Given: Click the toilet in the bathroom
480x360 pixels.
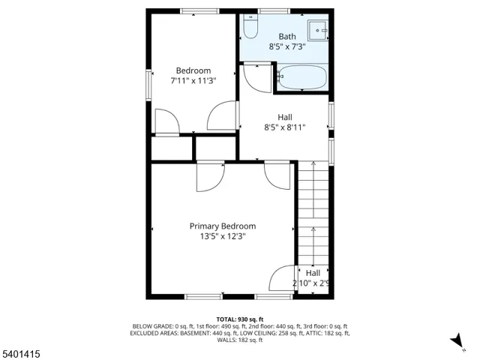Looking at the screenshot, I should [x=250, y=28].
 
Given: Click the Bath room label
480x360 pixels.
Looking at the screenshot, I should [x=287, y=36].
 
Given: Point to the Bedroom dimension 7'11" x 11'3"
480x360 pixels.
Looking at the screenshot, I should [x=193, y=81].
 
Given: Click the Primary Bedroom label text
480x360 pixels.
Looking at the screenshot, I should [x=223, y=226].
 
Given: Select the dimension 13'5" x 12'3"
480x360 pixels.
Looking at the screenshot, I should [x=223, y=236].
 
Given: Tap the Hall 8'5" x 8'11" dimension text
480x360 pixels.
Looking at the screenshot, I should [x=285, y=127].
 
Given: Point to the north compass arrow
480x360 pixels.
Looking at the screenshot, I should [x=457, y=342].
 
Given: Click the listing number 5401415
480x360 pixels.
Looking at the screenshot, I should [x=20, y=350].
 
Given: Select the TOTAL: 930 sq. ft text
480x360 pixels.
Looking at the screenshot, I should [x=240, y=319].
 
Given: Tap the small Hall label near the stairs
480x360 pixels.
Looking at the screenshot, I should [x=313, y=273].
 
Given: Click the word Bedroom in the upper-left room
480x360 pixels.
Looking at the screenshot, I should [x=193, y=71].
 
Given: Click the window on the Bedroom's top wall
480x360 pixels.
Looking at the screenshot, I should [x=199, y=10].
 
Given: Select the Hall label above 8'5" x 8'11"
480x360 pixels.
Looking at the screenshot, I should [x=285, y=117].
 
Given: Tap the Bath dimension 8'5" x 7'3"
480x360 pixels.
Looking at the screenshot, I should [x=287, y=46].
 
